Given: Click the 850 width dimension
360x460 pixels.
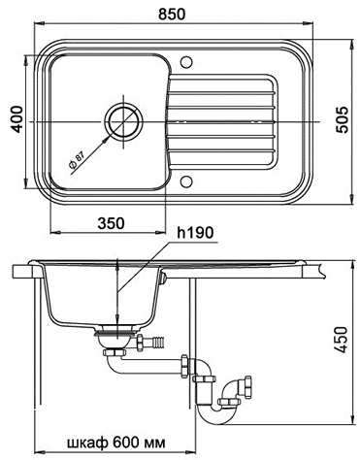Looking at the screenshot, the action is click(x=173, y=15).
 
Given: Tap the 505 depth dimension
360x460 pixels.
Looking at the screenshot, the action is click(x=342, y=119).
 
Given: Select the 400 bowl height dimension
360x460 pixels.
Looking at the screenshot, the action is click(x=17, y=118).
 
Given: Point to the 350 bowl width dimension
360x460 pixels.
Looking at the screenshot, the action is click(x=111, y=223).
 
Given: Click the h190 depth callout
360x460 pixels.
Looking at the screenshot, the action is click(x=196, y=232).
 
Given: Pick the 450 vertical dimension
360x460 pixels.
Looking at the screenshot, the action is click(x=342, y=340).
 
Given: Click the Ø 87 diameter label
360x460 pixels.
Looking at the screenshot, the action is click(x=77, y=160).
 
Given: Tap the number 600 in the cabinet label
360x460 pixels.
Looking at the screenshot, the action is click(x=123, y=443).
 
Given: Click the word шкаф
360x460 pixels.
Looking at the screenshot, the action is click(x=87, y=443).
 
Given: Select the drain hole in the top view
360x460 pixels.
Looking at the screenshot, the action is click(x=124, y=122).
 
